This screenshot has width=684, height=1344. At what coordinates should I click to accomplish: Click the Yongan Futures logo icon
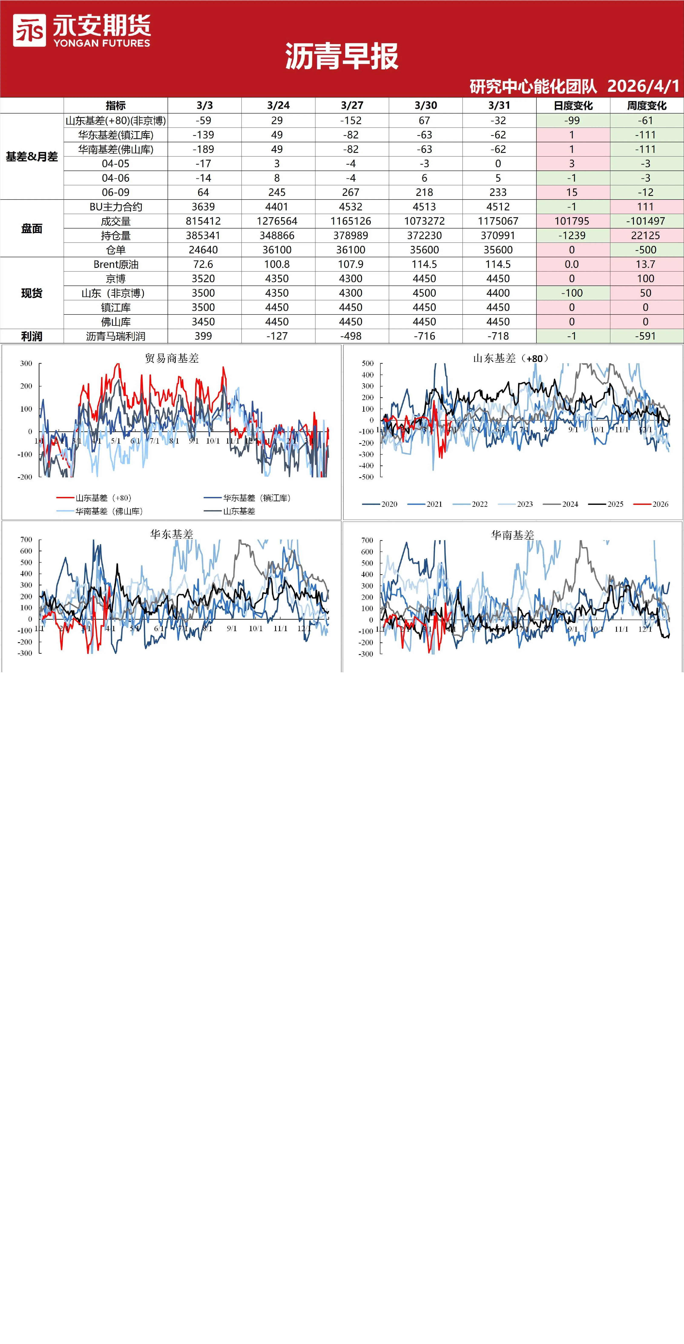pyautogui.click(x=29, y=30)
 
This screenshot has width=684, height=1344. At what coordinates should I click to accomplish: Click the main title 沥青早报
pyautogui.click(x=342, y=56)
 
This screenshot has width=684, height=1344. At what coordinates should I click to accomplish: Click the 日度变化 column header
pyautogui.click(x=573, y=105)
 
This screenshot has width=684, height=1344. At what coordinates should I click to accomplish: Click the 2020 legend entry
pyautogui.click(x=380, y=504)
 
